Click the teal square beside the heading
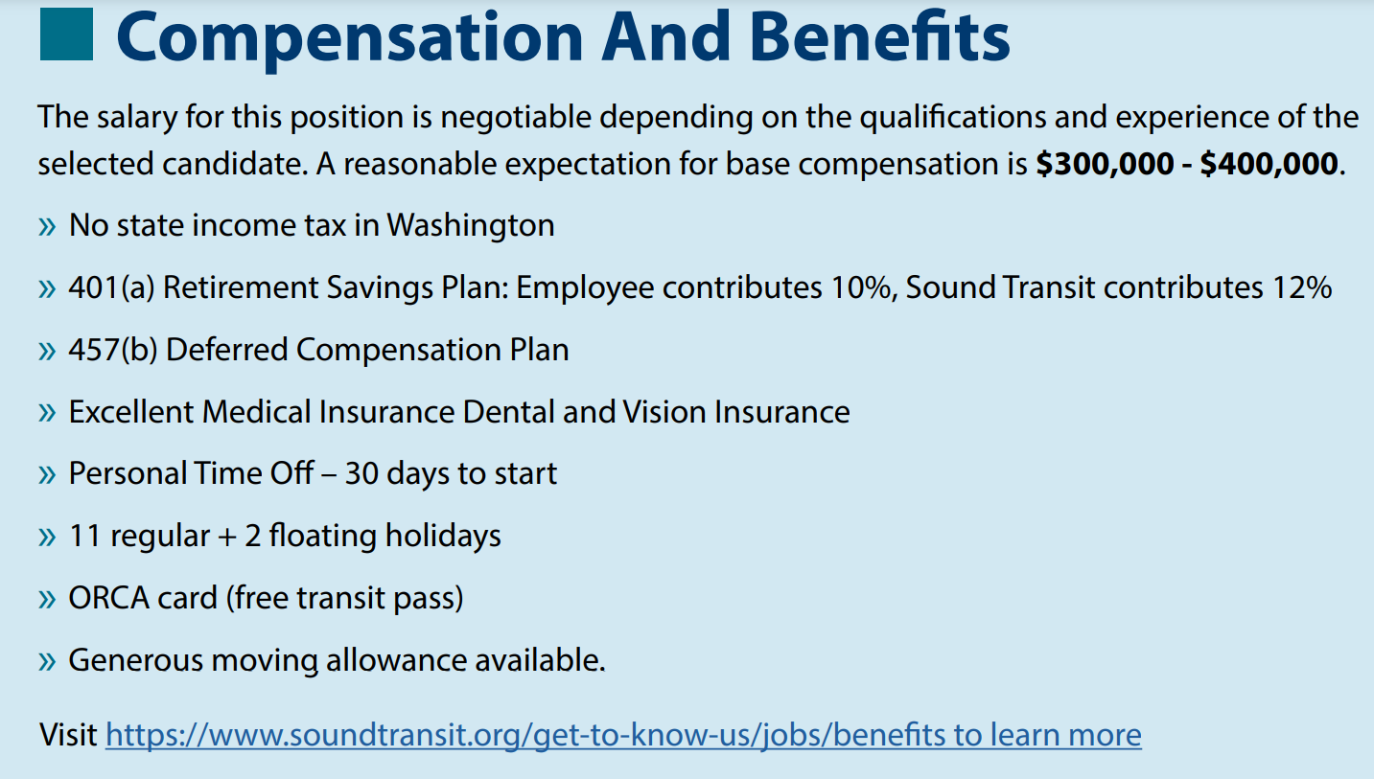click(x=66, y=34)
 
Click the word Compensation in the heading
click(x=349, y=39)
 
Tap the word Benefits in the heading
click(x=879, y=36)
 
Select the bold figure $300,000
click(x=1105, y=164)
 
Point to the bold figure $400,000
click(x=1269, y=164)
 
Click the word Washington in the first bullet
click(x=471, y=225)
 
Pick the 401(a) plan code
click(x=111, y=287)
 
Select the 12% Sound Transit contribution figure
click(x=1302, y=287)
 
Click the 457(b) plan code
click(x=113, y=350)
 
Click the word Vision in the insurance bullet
click(x=664, y=412)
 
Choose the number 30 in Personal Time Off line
click(x=361, y=473)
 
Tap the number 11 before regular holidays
click(x=84, y=536)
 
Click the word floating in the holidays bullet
click(x=322, y=537)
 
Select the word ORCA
click(x=109, y=598)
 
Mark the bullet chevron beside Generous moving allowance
click(x=47, y=661)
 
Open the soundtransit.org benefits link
click(x=623, y=735)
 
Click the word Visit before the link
click(x=68, y=734)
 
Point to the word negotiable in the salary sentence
click(x=516, y=118)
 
